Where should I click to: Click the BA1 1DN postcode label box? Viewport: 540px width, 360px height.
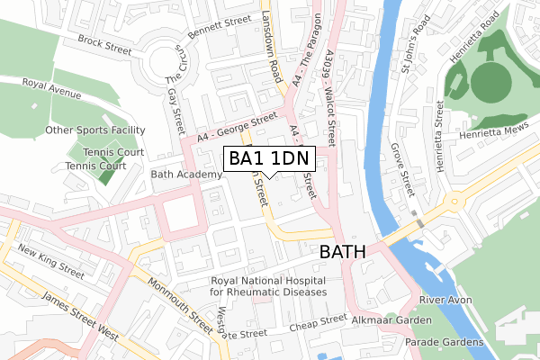pyautogui.click(x=269, y=159)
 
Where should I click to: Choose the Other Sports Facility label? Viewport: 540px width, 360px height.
pyautogui.click(x=95, y=130)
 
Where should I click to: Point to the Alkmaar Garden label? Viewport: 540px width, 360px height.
pyautogui.click(x=391, y=319)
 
